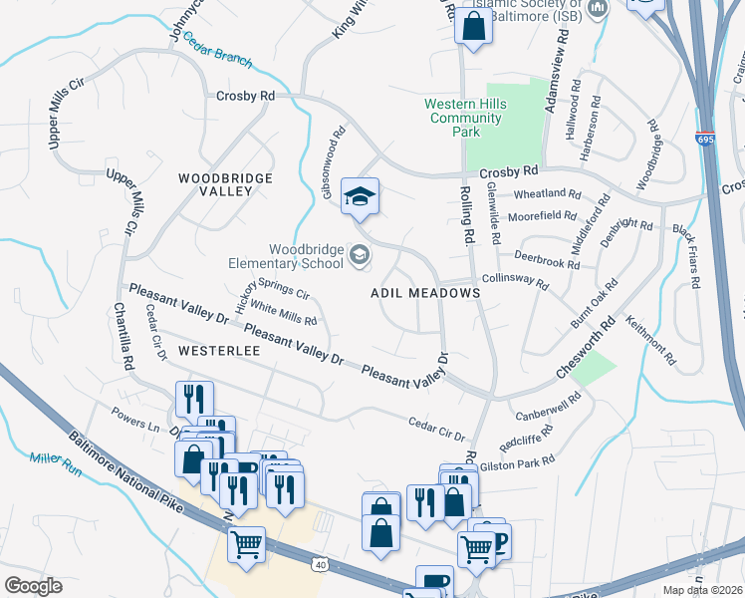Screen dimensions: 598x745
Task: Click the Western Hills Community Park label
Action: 465,118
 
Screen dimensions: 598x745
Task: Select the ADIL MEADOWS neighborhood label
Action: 425,294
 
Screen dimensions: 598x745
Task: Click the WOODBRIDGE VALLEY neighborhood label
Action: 225,184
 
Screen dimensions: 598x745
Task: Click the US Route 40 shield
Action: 319,565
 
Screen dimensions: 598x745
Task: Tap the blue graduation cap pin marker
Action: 360,195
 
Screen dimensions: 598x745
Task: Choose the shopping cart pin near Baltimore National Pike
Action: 246,544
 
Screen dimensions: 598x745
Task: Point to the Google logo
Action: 33,586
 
